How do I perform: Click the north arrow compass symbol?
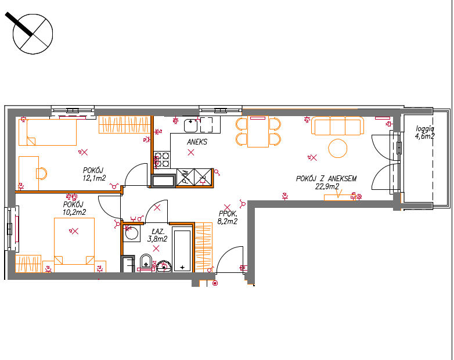(33, 34)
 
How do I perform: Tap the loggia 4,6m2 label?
(425, 132)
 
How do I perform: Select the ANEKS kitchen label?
(197, 142)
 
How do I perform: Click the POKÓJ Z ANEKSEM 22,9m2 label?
(326, 182)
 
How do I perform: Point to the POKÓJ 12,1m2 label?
(94, 174)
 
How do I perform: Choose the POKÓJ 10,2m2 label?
(74, 208)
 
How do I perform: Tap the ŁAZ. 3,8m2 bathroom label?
(157, 235)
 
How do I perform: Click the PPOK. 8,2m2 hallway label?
(228, 218)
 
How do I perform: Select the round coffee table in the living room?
(338, 148)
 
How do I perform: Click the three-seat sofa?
(338, 125)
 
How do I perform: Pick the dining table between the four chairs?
(258, 131)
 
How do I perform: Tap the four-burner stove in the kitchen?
(162, 160)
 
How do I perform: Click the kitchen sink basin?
(191, 125)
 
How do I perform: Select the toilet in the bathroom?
(146, 263)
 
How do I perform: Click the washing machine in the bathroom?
(131, 233)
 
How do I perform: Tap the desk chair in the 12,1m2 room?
(41, 173)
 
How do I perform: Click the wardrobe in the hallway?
(204, 247)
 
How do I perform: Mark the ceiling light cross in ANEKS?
(191, 152)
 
